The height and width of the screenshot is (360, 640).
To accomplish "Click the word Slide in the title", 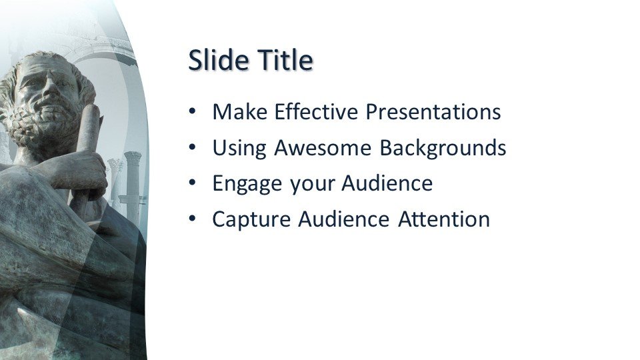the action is tap(219, 59).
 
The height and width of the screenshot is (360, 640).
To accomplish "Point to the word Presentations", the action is tap(433, 111).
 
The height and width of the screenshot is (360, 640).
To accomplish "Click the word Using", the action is tap(239, 148).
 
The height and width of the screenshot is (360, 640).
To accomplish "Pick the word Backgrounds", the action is tap(443, 148).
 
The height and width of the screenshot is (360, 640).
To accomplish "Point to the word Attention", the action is tap(444, 219).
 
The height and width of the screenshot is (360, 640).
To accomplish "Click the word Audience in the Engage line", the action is tap(387, 183).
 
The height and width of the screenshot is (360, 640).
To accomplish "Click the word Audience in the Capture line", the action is tap(344, 219).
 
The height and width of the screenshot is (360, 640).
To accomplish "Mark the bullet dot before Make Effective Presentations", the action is tap(193, 112).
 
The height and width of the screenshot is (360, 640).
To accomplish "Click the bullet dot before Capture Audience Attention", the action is tap(193, 219).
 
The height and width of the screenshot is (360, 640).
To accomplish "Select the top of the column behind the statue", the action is tap(132, 155).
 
